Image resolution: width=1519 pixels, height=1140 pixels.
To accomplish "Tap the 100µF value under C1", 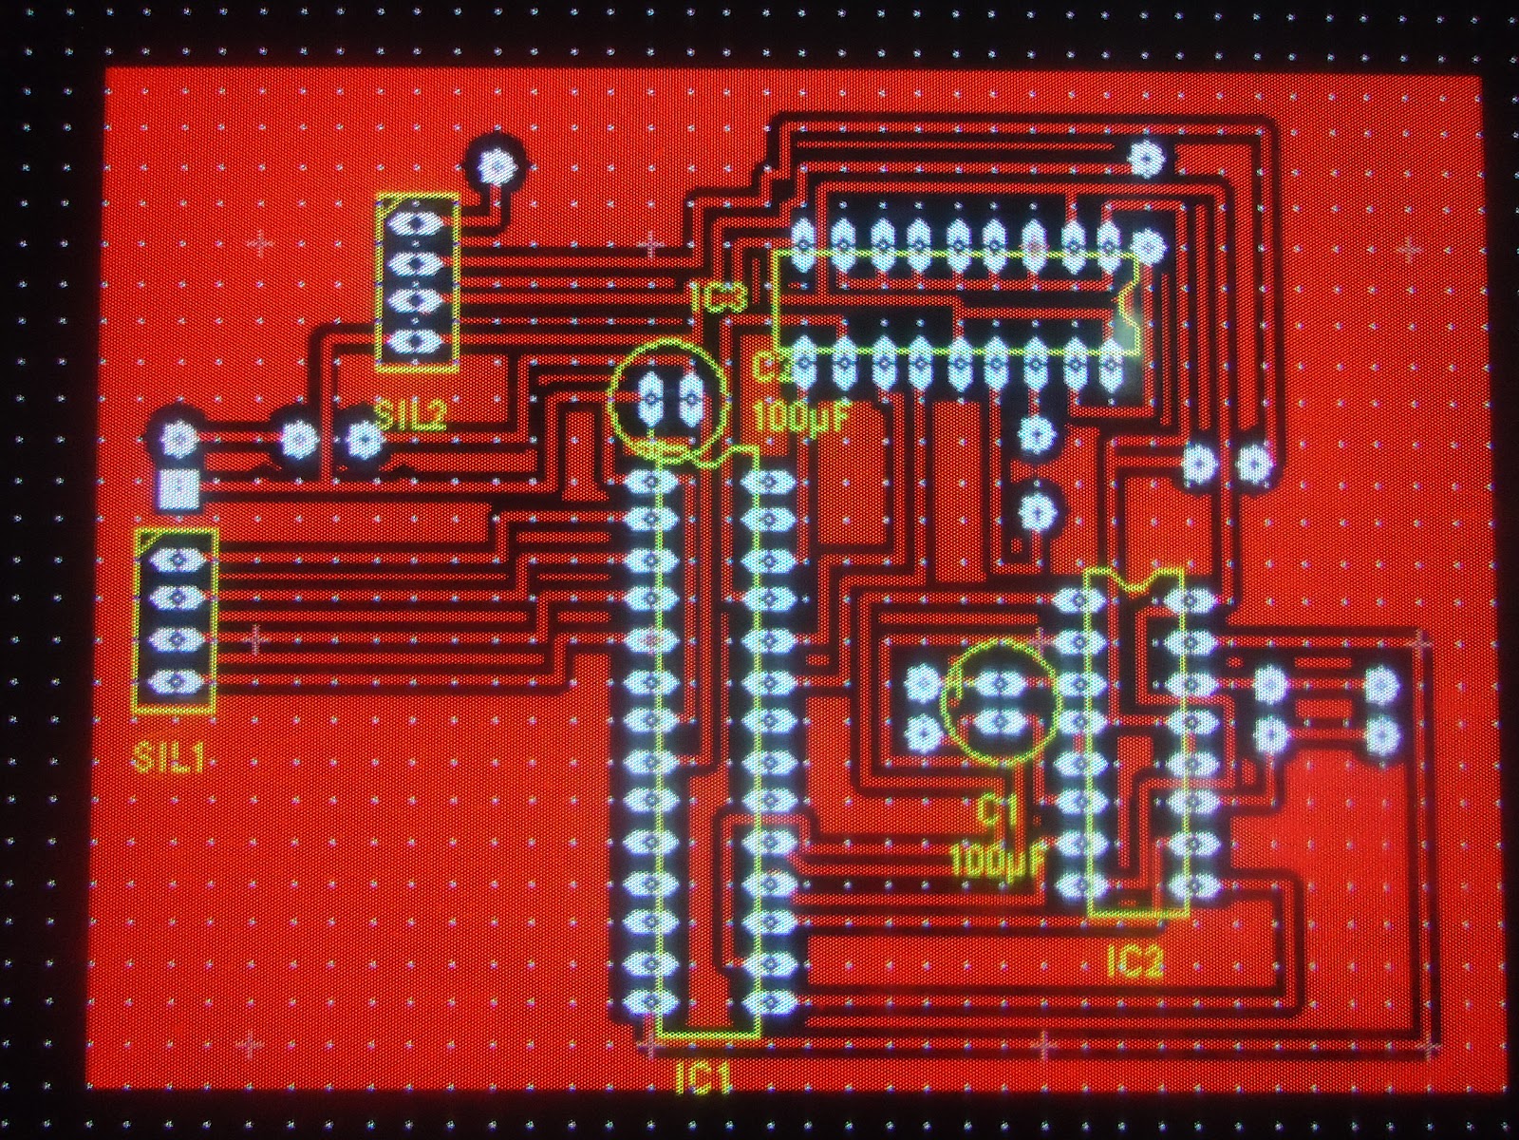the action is [x=997, y=862].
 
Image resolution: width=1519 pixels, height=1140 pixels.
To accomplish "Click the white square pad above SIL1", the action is [x=178, y=489].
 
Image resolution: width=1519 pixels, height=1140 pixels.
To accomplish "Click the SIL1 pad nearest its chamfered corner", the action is [x=176, y=560].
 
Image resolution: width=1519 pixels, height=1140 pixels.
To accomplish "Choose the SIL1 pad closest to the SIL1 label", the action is [x=176, y=681].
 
